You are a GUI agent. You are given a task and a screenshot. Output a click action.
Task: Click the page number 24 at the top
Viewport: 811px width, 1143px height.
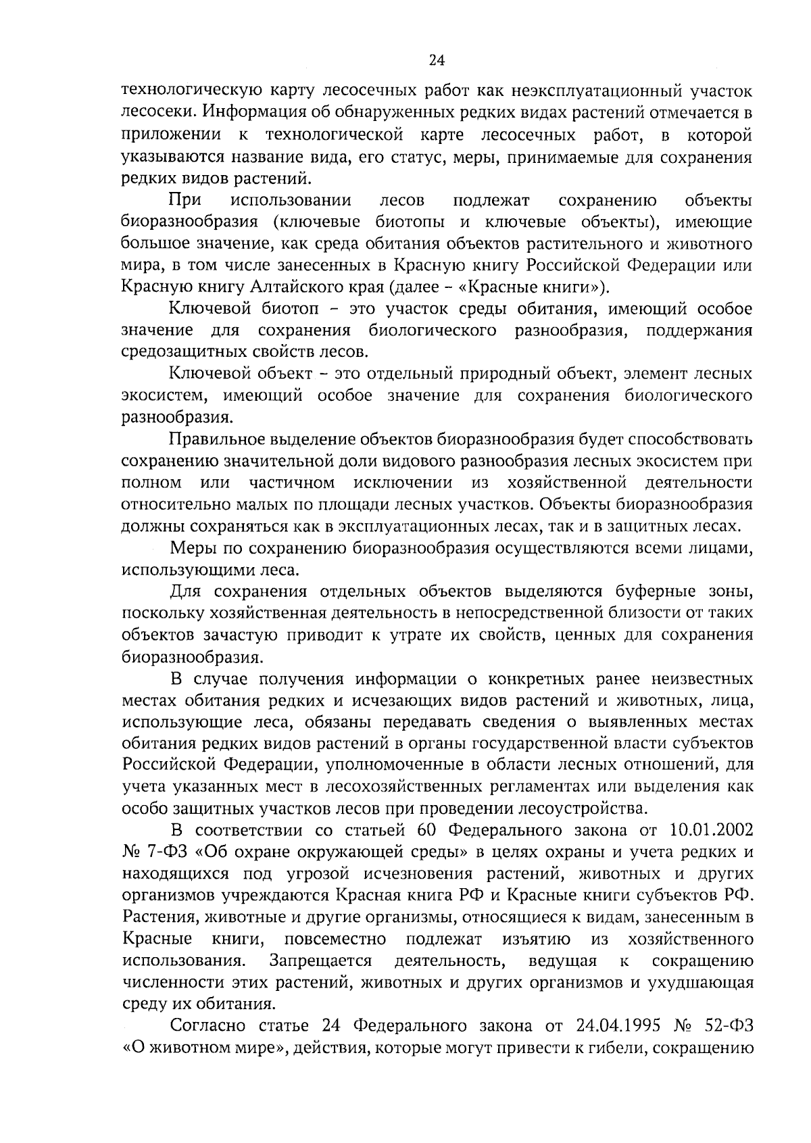(x=437, y=61)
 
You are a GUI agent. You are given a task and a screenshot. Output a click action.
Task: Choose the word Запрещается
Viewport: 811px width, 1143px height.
(x=321, y=960)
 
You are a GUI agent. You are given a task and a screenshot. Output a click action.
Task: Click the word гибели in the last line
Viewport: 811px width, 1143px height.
(x=617, y=1048)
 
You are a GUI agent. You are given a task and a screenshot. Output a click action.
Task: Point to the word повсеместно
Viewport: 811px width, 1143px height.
(x=335, y=939)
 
